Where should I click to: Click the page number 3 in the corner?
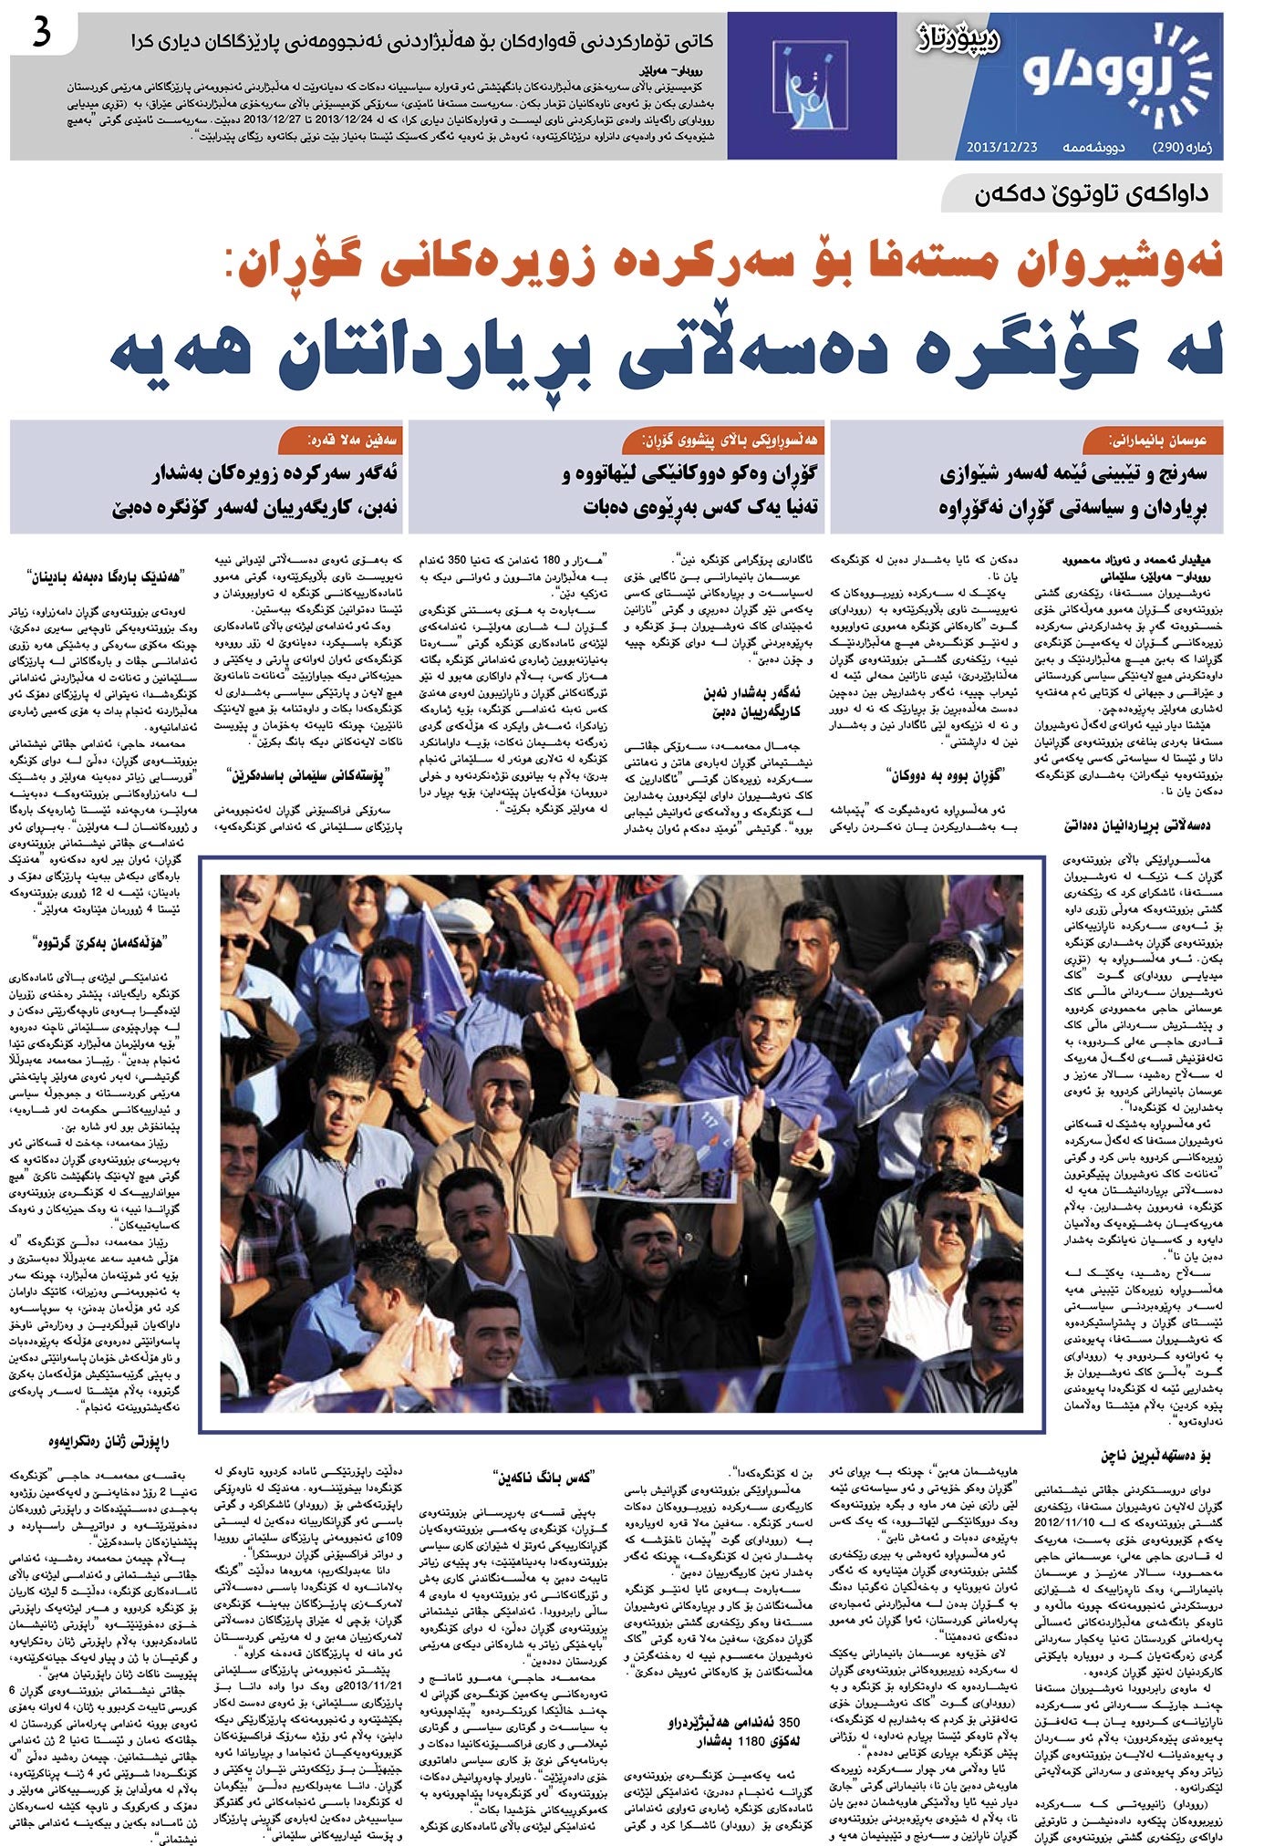point(41,34)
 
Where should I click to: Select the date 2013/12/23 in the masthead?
point(1003,147)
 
